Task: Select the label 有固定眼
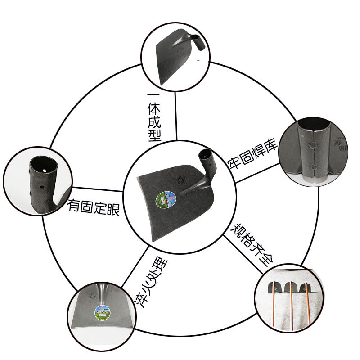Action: pyautogui.click(x=94, y=207)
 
